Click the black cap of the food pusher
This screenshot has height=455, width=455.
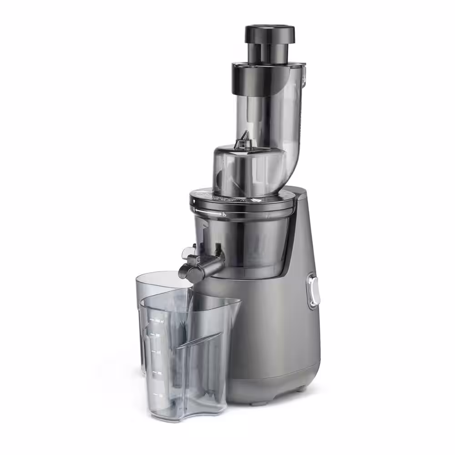[x=270, y=33]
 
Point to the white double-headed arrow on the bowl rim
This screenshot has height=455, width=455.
[x=208, y=211]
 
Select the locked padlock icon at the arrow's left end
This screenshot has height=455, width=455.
[x=194, y=210]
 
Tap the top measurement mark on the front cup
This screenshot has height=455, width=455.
[x=157, y=321]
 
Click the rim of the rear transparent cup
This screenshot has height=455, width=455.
[x=159, y=276]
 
